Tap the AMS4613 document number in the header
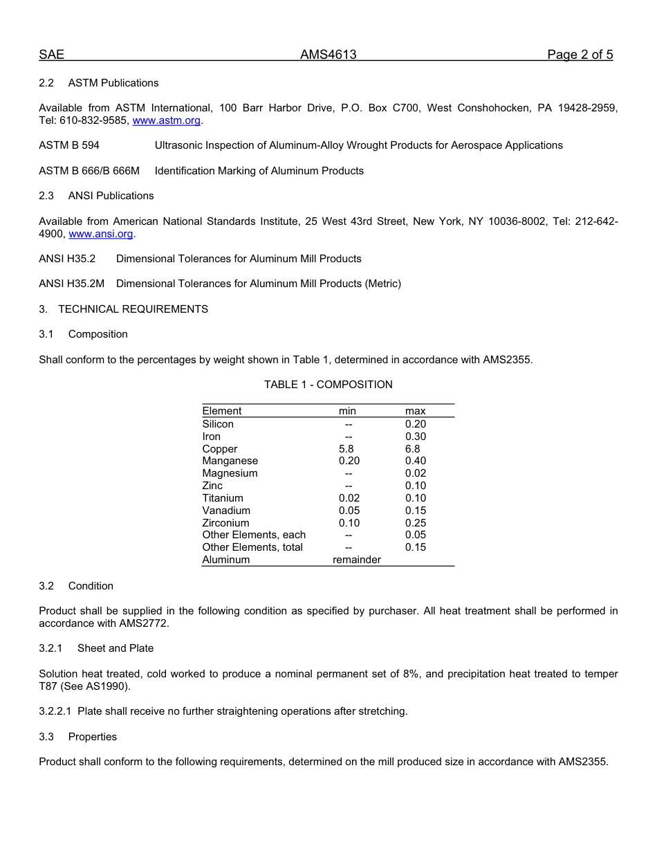[328, 55]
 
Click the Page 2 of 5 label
[580, 55]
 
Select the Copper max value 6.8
[412, 449]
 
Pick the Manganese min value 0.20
[349, 461]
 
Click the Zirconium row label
[225, 523]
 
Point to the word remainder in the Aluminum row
[357, 560]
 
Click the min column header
[347, 411]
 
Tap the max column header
[415, 411]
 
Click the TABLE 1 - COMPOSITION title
[328, 385]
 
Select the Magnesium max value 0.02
[416, 473]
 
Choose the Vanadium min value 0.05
[349, 511]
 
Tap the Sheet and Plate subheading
[115, 648]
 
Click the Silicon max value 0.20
[416, 424]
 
